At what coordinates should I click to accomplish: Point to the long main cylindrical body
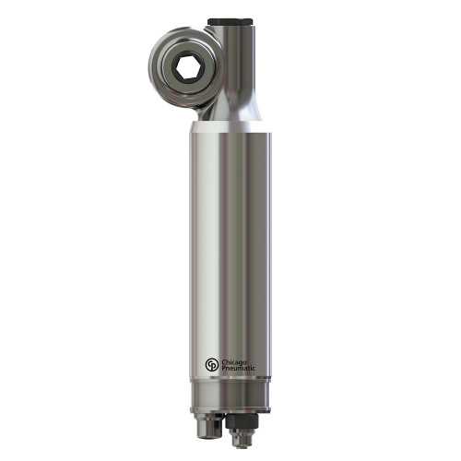(230, 249)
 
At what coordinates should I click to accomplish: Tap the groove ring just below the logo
(230, 384)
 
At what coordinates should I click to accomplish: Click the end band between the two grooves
(230, 394)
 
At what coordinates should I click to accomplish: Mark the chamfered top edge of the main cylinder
(230, 135)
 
